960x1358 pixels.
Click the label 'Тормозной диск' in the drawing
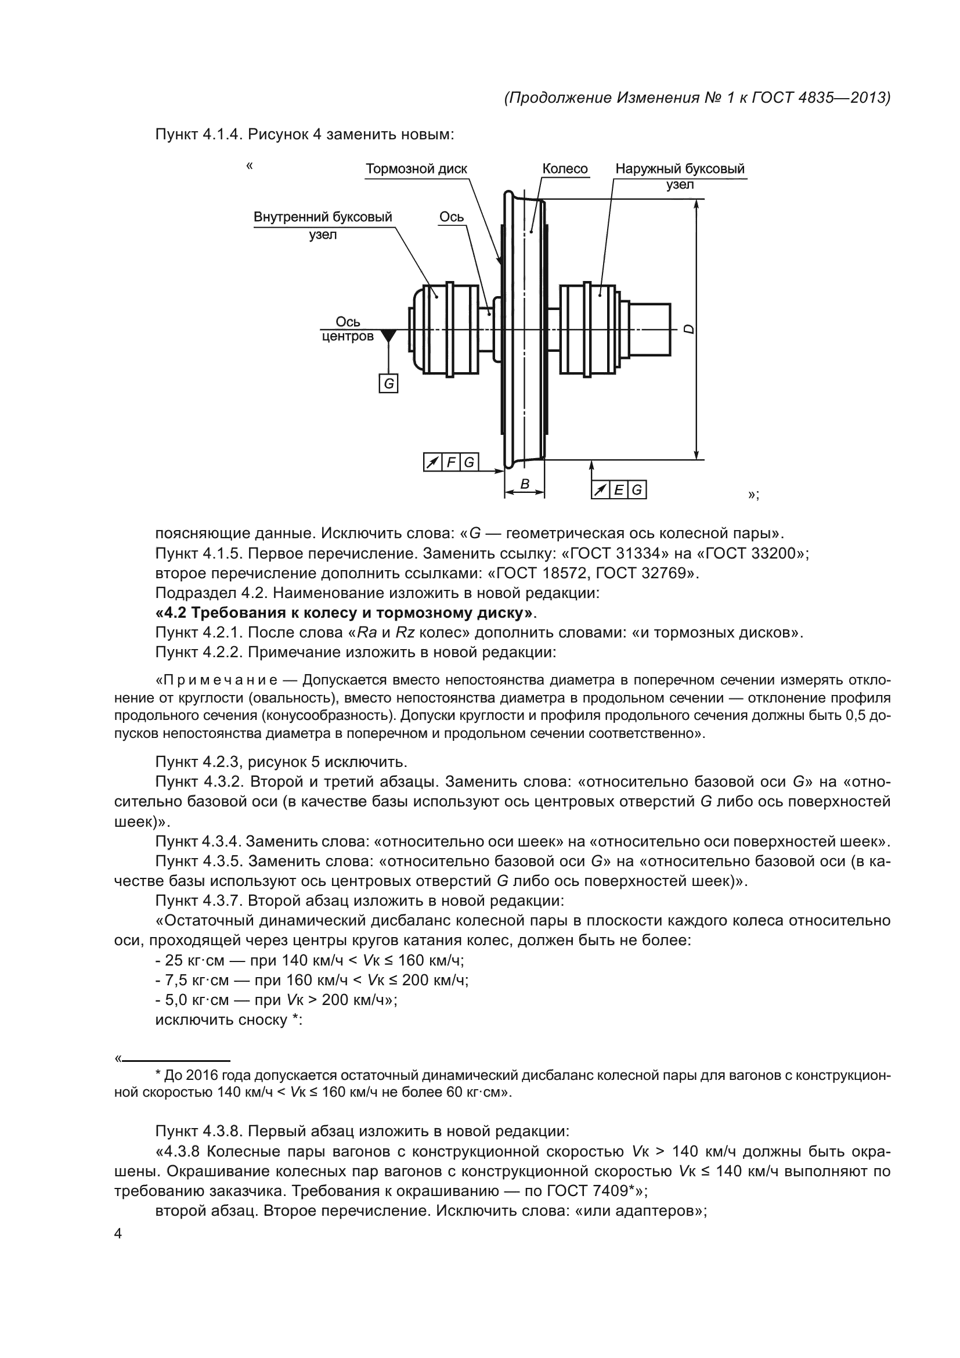click(x=416, y=169)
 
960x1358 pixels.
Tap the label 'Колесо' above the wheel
click(x=565, y=169)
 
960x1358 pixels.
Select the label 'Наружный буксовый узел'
click(x=680, y=176)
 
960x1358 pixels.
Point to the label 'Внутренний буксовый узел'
click(x=323, y=225)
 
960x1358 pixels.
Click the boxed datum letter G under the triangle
click(x=388, y=384)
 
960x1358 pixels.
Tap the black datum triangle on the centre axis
click(x=388, y=336)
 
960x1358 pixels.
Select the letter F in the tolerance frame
click(x=451, y=463)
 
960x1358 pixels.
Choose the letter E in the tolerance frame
click(x=619, y=490)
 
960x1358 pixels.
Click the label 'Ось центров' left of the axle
click(x=348, y=329)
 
